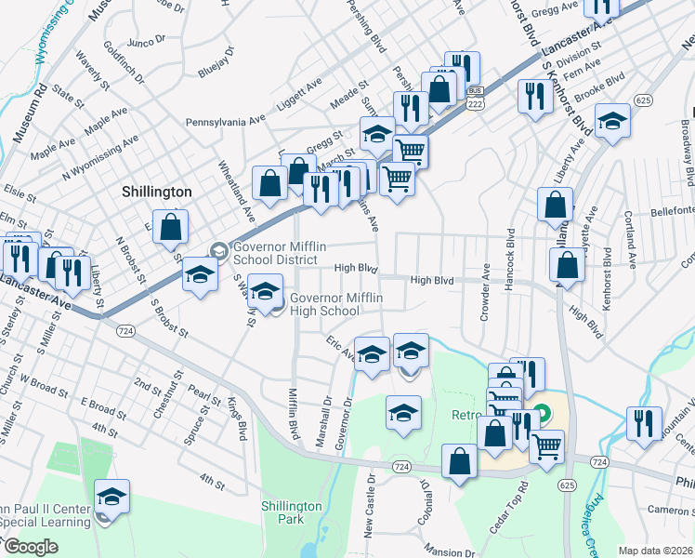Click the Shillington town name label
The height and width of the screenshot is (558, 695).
(156, 191)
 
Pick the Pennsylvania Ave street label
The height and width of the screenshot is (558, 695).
(225, 120)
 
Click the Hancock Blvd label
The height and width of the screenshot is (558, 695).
(509, 259)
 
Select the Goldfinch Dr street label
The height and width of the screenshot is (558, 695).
(125, 62)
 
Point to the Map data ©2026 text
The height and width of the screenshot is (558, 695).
(654, 551)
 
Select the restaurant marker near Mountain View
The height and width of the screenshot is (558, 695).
(644, 422)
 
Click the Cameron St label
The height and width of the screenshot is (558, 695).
(671, 509)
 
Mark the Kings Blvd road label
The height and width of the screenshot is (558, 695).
(237, 418)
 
